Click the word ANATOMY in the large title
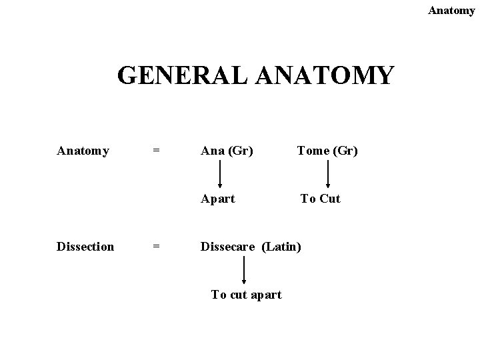[x=325, y=76]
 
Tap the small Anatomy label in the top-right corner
[x=451, y=11]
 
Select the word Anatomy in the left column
[x=83, y=151]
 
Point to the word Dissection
[x=85, y=247]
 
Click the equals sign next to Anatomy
[x=156, y=151]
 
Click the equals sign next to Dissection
[x=156, y=247]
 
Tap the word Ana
[x=213, y=151]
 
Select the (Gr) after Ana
[x=241, y=151]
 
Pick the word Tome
[x=312, y=151]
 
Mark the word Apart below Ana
[x=218, y=199]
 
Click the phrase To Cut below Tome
[x=320, y=199]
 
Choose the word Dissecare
[x=228, y=247]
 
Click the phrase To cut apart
[x=246, y=295]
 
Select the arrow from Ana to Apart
[x=221, y=175]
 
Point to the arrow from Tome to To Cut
[x=328, y=175]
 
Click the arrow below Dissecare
[x=245, y=271]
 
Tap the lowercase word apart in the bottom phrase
[x=265, y=295]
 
